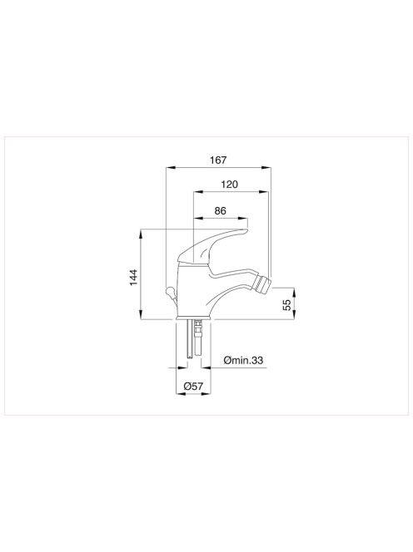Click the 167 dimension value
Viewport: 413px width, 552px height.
218,160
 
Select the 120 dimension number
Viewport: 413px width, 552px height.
229,184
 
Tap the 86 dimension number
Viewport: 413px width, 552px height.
220,210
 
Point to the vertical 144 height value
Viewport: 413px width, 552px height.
133,278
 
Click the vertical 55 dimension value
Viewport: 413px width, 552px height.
287,304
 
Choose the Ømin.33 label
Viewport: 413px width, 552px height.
243,360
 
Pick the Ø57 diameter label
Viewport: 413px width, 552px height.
193,387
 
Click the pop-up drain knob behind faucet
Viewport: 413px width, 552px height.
170,291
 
